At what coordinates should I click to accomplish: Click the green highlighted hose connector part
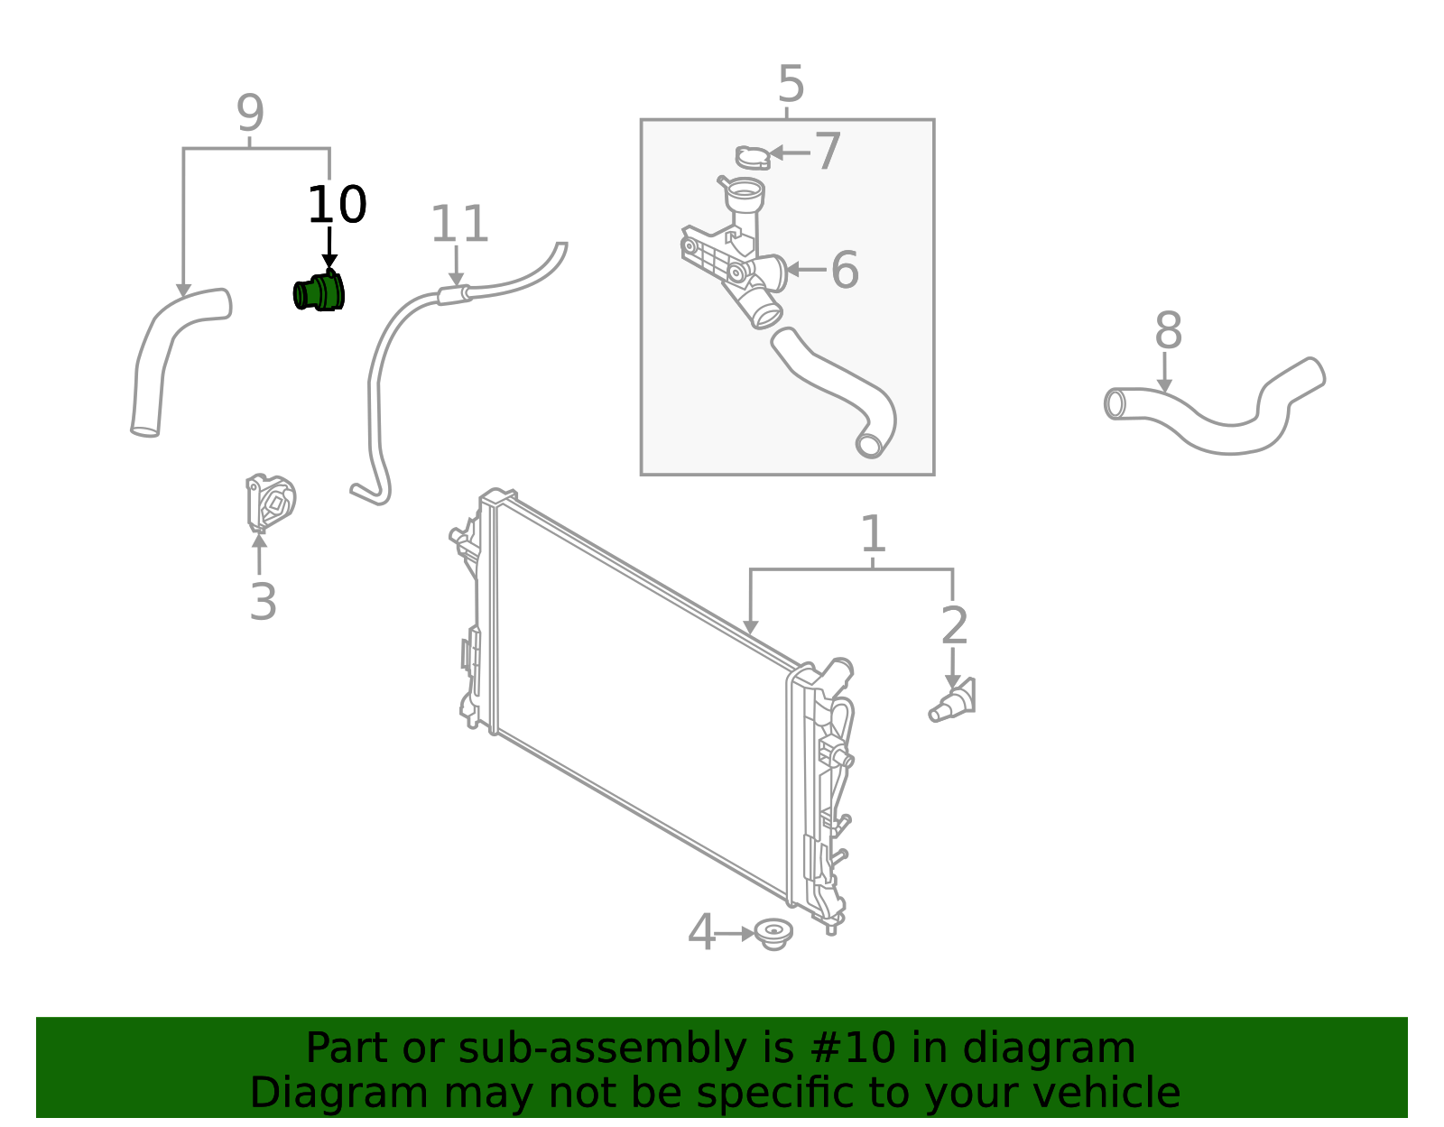(x=319, y=292)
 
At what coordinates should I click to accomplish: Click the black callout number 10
(x=337, y=206)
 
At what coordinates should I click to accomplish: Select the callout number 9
(x=250, y=114)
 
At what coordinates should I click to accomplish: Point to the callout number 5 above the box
(x=791, y=85)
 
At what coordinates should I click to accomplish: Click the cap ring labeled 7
(x=751, y=158)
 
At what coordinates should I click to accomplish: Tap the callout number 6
(x=845, y=270)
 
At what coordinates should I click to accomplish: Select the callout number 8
(x=1168, y=331)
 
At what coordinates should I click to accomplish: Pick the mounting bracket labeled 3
(x=270, y=503)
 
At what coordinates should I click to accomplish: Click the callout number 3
(x=263, y=602)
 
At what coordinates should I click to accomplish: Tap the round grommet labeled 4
(x=773, y=933)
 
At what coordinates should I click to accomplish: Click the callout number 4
(x=701, y=933)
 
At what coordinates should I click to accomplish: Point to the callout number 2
(x=954, y=626)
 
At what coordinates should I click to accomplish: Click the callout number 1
(x=873, y=535)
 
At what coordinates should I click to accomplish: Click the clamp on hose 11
(x=454, y=294)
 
